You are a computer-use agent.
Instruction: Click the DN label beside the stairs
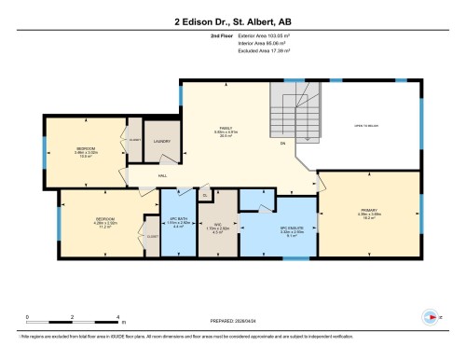point(282,143)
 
